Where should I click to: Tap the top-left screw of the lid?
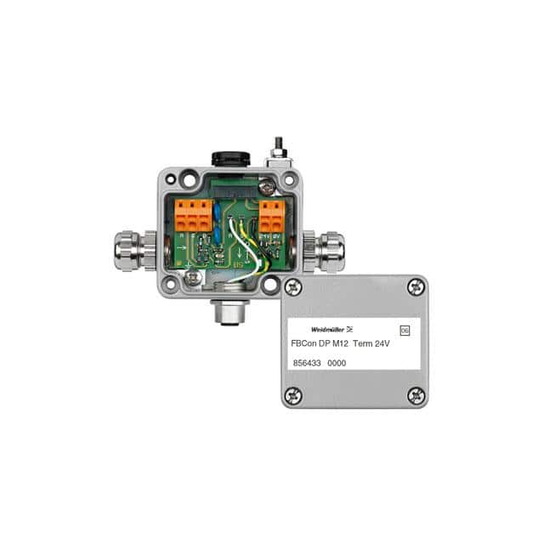click(x=292, y=287)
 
